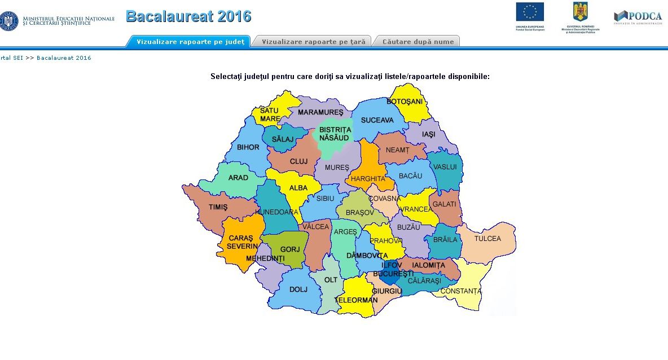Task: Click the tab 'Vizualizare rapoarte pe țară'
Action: coord(314,42)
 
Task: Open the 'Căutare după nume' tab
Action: coord(418,42)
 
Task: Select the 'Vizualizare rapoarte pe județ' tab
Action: coord(190,42)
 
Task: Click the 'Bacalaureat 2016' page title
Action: coord(188,16)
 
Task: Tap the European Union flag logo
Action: coord(530,12)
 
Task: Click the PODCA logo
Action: coord(638,16)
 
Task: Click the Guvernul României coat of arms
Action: coord(581,12)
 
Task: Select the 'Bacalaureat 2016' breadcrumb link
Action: coord(64,58)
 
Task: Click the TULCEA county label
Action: coord(487,239)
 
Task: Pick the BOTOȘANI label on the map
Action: coord(405,102)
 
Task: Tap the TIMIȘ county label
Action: coord(218,207)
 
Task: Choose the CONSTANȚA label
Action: coord(461,291)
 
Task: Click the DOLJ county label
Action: coord(298,289)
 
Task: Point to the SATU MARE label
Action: coord(270,115)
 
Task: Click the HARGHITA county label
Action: coord(368,179)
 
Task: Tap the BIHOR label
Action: coord(248,147)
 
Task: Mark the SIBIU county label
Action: coord(325,199)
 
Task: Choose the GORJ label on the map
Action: coord(289,249)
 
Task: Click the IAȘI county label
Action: coord(429,134)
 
